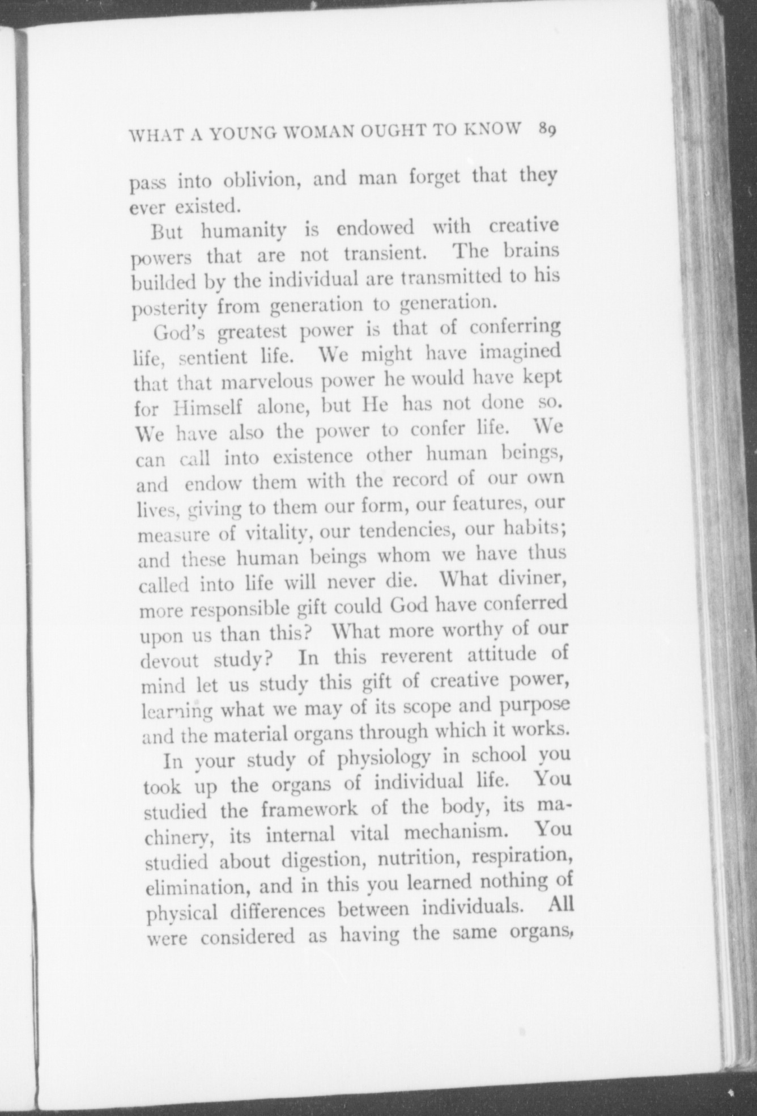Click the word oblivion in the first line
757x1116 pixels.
click(x=257, y=181)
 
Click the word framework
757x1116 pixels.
click(x=309, y=809)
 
